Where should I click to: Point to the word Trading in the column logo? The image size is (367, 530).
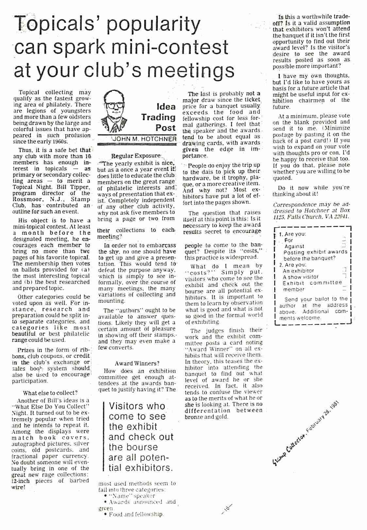click(x=158, y=117)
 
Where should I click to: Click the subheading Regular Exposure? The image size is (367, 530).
click(x=136, y=156)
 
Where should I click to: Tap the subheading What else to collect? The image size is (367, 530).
click(x=50, y=393)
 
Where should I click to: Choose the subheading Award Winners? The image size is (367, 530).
click(x=137, y=363)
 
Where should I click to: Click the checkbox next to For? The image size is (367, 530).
click(x=343, y=240)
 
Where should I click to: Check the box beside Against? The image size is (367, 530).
click(x=343, y=246)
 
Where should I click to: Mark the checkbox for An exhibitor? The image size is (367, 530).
click(x=344, y=270)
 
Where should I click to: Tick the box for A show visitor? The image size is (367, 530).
click(x=344, y=277)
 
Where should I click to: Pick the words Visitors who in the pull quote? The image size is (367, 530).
click(x=137, y=406)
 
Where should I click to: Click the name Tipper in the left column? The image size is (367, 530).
click(x=79, y=187)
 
